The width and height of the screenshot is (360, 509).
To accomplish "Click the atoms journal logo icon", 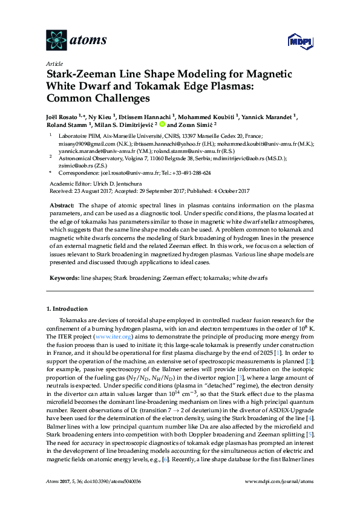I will (56, 40).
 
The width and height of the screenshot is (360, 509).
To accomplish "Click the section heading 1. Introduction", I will (67, 308).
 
